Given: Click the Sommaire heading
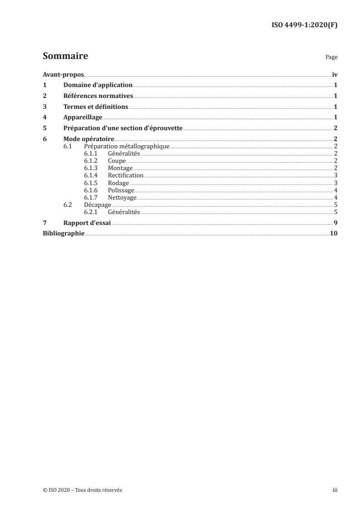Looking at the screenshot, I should click(65, 57).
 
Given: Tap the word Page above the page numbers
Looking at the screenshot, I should click(331, 58).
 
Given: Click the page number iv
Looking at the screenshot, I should click(334, 74).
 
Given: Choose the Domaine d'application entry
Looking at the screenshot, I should click(98, 85).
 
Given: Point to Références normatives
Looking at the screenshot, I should click(98, 96).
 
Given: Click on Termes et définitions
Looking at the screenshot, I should click(96, 107).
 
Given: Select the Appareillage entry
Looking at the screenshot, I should click(83, 117).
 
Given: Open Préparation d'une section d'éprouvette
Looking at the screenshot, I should click(123, 128).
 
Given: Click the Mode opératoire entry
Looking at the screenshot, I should click(89, 139).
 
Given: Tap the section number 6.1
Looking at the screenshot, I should click(68, 146).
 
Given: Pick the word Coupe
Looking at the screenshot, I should click(117, 161).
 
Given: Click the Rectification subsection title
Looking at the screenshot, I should click(125, 175).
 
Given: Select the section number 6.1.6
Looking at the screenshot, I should click(91, 190).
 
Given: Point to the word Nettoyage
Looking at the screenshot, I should click(122, 197).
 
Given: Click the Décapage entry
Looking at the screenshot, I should click(97, 205).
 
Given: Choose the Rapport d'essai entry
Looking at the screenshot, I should click(87, 223).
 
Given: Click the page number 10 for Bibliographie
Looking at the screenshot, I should click(333, 234).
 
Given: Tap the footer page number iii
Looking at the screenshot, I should click(335, 490).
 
